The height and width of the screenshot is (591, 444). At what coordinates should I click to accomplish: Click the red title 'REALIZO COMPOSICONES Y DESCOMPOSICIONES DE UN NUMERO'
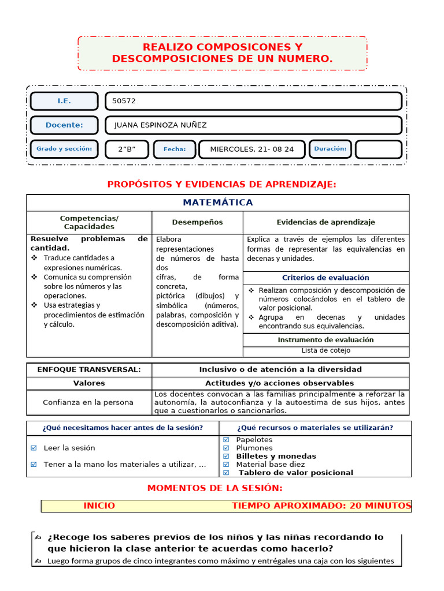222,53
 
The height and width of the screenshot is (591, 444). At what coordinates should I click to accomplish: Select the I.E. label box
64,101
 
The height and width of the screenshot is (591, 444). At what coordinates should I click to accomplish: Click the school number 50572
124,101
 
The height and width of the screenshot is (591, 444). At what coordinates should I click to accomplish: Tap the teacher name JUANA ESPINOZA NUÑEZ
160,125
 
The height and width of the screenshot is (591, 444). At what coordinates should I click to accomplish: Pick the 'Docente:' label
64,125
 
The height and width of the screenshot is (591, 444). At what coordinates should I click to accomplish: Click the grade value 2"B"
127,149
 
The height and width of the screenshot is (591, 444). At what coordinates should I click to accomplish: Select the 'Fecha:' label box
175,149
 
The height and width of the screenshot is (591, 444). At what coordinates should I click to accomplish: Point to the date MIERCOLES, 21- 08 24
251,149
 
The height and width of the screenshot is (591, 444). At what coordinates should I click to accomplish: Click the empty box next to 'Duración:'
378,149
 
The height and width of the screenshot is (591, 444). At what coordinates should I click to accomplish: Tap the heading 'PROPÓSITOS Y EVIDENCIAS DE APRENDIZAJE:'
222,184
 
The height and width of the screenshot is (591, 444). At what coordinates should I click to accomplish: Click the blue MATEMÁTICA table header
218,203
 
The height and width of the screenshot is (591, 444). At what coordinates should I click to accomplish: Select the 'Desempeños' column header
197,222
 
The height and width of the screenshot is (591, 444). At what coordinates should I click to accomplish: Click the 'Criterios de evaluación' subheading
325,278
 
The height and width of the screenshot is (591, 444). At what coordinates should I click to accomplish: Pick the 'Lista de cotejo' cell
325,350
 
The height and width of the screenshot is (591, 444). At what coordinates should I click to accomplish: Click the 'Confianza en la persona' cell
88,402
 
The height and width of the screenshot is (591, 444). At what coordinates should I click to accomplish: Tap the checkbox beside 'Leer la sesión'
34,448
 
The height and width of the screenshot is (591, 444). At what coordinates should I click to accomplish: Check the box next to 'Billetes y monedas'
227,456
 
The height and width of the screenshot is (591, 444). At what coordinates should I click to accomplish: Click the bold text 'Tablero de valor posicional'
295,473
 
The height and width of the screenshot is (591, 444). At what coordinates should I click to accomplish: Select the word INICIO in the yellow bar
99,506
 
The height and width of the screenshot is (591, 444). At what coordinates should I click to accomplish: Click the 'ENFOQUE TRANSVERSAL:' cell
89,369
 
